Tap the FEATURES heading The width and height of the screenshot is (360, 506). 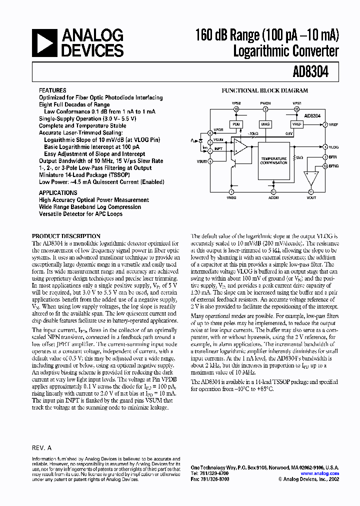52,90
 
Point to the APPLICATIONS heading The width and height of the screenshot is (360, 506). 58,192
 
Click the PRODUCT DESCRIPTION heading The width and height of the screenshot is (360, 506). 66,236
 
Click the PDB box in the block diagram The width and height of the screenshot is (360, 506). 236,123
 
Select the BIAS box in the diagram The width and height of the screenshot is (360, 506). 265,123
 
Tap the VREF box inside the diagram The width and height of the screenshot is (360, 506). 297,123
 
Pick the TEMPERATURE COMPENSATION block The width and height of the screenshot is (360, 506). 273,160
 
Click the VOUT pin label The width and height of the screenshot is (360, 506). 311,198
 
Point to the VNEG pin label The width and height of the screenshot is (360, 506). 231,198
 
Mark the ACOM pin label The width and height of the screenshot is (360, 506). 273,198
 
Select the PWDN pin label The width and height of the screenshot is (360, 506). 265,102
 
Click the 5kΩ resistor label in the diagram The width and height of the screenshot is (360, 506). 299,157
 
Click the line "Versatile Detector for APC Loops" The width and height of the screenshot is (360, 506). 80,214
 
